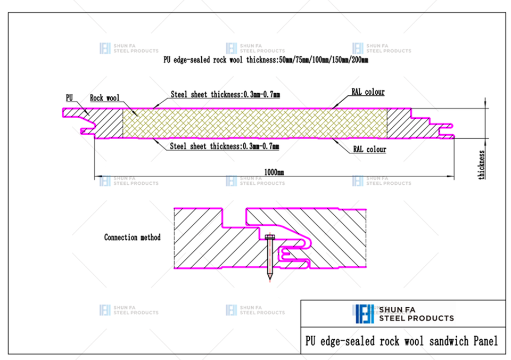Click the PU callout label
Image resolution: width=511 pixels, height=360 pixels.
(69, 98)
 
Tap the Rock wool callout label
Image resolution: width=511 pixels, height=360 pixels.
(105, 98)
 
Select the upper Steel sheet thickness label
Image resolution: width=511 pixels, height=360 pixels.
(225, 95)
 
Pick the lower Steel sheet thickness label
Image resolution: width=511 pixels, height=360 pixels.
(225, 146)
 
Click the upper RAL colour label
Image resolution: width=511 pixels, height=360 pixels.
(368, 92)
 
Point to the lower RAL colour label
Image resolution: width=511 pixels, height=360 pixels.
(369, 149)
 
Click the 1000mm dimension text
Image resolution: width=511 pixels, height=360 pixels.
(274, 172)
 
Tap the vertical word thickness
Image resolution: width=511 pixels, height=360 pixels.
(481, 165)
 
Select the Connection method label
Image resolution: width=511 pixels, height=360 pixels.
(133, 237)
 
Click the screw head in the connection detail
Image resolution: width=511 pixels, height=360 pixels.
(269, 237)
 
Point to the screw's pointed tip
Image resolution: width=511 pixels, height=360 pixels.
(269, 280)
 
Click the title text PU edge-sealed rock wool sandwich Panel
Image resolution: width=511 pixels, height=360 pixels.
(401, 341)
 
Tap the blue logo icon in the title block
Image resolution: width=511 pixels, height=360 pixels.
(365, 314)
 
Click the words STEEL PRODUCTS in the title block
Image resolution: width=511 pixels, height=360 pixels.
(416, 318)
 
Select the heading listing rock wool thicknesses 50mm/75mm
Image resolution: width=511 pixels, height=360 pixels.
(266, 60)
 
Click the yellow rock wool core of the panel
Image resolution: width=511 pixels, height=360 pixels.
(255, 123)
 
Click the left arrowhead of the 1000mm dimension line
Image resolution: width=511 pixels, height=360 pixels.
(98, 176)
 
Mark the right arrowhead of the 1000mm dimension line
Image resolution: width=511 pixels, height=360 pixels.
(451, 176)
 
